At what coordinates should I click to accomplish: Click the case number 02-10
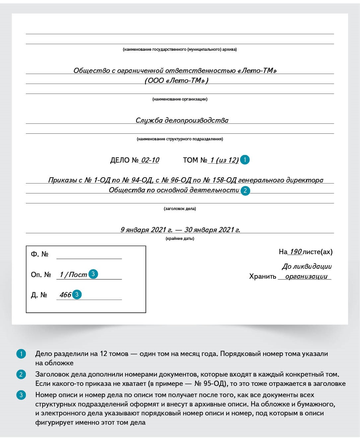coord(150,160)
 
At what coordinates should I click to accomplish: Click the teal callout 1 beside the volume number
coord(245,160)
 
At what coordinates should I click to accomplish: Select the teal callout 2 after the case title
coord(245,190)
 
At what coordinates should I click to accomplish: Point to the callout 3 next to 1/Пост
coord(93,274)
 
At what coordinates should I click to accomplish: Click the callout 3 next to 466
coord(77,294)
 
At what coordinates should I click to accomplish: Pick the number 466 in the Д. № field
coord(65,295)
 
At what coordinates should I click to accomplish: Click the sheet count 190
coord(295,252)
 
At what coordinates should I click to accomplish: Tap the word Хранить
coord(262,276)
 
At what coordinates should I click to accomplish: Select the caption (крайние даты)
coord(180,239)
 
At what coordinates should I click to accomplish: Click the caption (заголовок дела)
coord(180,209)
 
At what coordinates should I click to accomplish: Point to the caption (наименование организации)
coord(180,99)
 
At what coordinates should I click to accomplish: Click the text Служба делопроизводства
coord(182,120)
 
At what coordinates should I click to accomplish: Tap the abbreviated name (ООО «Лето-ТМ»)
coord(177,81)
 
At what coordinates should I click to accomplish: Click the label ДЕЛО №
coord(124,160)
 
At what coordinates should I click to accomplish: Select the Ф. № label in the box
coord(39,254)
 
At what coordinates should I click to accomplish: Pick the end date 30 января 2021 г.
coord(212,230)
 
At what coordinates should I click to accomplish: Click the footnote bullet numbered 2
coord(21,374)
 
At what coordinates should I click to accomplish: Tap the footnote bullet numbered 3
coord(21,395)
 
